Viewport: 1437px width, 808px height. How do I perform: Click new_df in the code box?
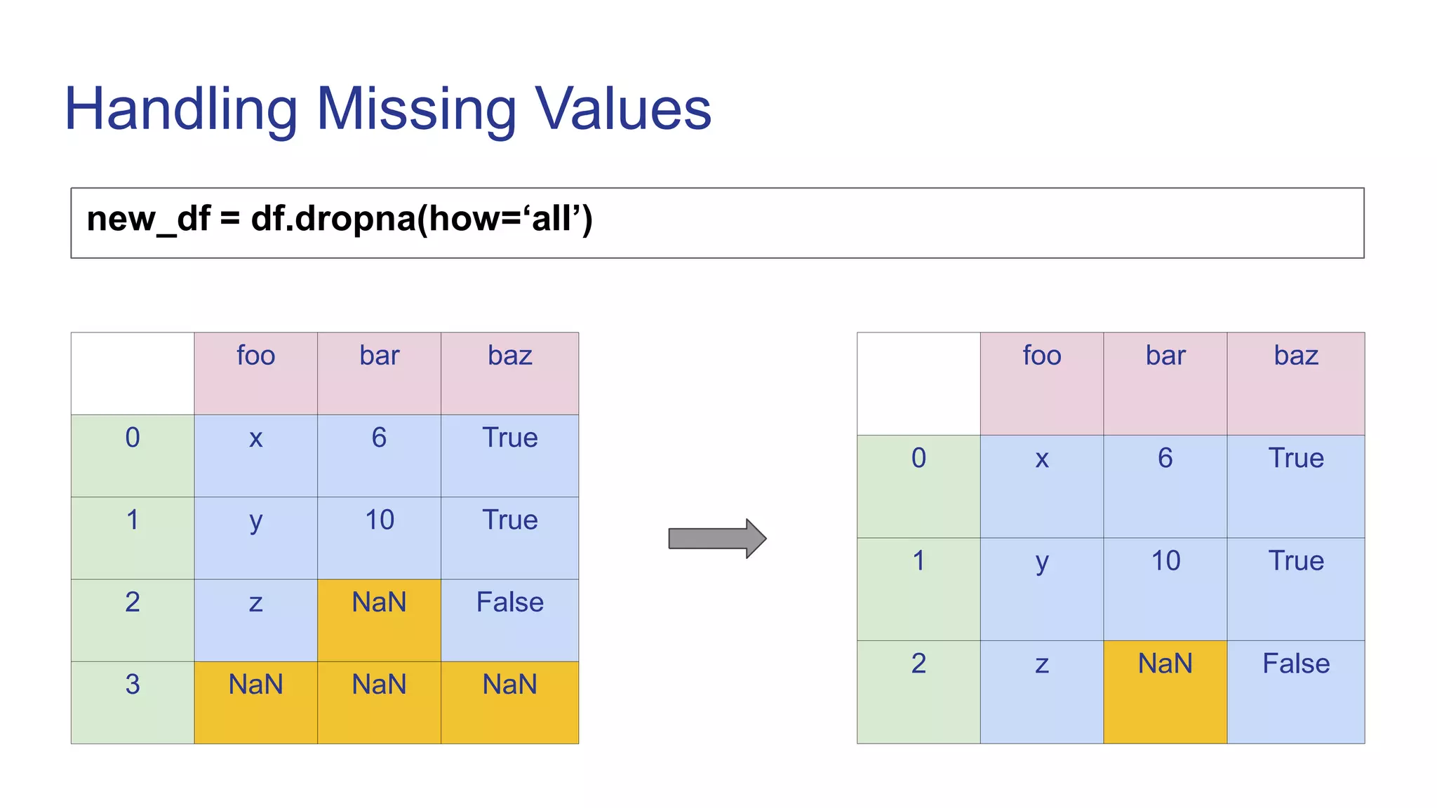coord(148,219)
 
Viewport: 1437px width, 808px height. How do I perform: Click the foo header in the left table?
coord(256,356)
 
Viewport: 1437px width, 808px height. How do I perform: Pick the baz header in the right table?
coord(1296,356)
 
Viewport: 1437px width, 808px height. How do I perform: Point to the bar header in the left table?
coord(379,356)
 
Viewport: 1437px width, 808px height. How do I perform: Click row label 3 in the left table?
coord(133,684)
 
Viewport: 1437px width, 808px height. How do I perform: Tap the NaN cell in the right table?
coord(1165,664)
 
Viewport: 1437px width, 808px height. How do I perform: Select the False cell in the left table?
coord(510,602)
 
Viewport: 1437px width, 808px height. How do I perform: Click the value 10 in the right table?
coord(1165,561)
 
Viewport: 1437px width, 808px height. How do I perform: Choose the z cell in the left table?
coord(256,602)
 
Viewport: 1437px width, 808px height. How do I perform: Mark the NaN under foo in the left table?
coord(256,685)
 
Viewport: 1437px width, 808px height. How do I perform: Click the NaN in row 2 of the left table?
coord(379,602)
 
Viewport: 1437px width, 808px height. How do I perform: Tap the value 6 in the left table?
coord(379,438)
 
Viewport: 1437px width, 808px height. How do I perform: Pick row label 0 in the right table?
coord(918,458)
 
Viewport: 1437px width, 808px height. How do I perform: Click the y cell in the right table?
coord(1042,561)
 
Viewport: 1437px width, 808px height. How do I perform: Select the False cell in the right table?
coord(1296,664)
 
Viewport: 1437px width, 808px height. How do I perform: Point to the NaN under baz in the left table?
coord(510,685)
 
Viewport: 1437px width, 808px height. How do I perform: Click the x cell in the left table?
coord(256,438)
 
